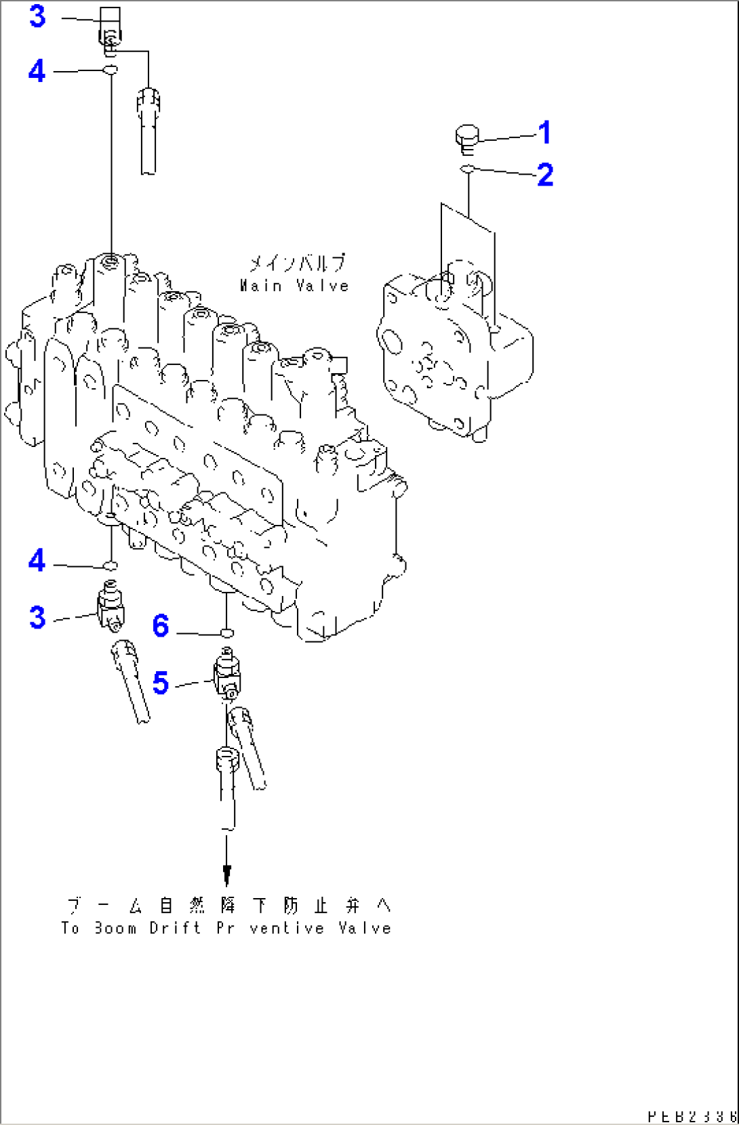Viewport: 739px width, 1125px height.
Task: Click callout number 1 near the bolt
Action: tap(544, 133)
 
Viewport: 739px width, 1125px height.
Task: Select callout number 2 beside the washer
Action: tap(545, 175)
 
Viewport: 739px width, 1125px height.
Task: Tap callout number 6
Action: tap(161, 626)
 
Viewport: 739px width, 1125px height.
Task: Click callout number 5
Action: tap(161, 683)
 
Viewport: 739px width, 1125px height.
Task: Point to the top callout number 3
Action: tap(37, 16)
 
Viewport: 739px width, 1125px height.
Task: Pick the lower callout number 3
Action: tap(37, 617)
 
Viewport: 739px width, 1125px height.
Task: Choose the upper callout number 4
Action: tap(37, 71)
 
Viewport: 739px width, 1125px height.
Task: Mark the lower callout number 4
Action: tap(37, 561)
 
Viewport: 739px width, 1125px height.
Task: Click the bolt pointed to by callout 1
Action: tap(466, 136)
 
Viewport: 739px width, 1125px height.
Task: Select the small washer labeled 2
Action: tap(467, 167)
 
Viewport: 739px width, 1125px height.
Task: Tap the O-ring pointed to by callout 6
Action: tap(226, 633)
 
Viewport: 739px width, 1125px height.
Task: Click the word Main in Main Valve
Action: tap(260, 286)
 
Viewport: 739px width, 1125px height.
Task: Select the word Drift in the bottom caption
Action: tap(175, 928)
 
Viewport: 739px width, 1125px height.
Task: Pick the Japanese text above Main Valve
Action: tap(296, 263)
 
